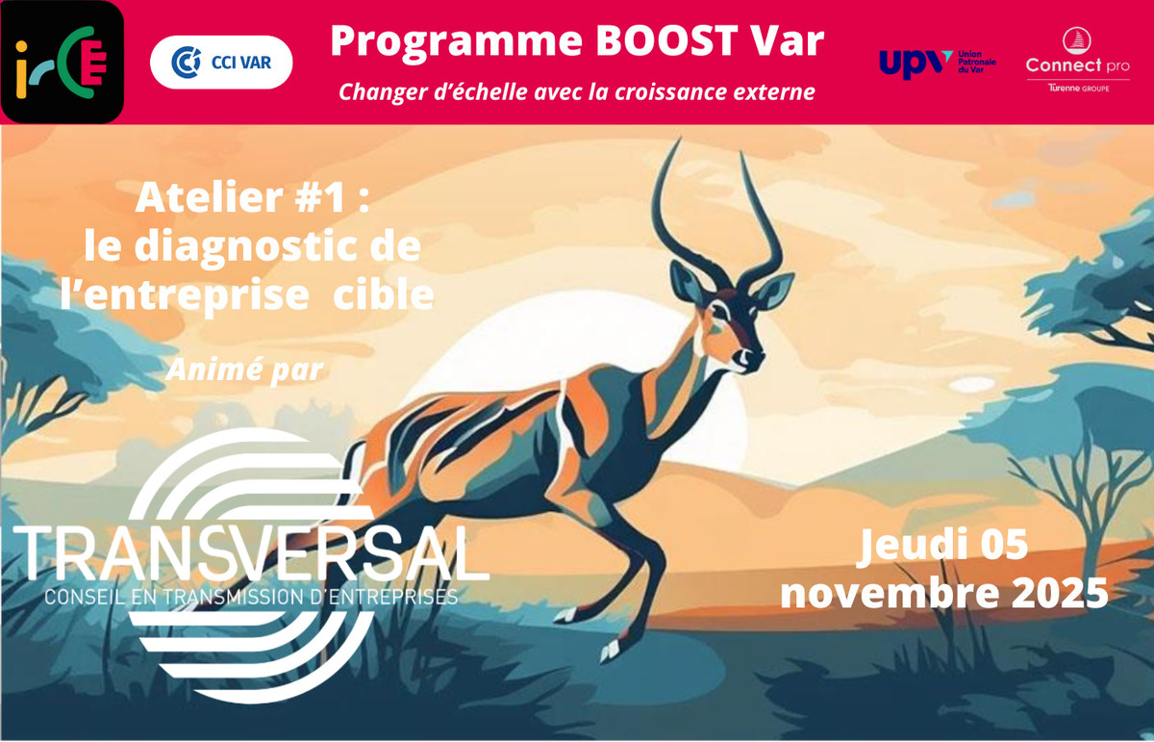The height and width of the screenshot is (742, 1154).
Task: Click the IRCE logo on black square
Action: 62,62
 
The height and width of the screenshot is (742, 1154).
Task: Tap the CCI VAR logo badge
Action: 221,63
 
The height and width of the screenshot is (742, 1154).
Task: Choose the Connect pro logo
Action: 1077,65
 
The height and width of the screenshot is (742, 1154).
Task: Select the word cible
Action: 383,294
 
